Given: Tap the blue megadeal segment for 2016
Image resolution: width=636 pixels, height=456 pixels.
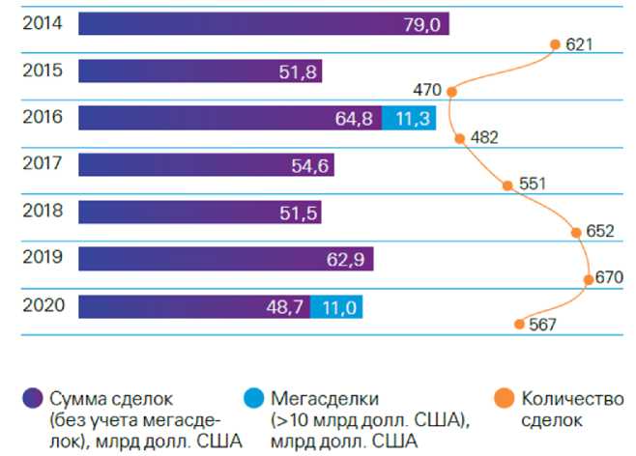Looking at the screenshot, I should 409,118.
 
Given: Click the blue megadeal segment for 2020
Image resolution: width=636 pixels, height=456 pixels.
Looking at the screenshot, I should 336,306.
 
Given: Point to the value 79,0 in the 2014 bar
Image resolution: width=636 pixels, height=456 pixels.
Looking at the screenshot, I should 420,24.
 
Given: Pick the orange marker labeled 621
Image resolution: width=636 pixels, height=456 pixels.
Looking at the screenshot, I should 555,43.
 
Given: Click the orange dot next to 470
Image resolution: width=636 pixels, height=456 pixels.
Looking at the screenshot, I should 450,90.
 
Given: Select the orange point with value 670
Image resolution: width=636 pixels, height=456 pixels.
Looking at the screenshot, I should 589,278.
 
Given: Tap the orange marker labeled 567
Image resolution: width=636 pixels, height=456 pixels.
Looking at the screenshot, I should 520,325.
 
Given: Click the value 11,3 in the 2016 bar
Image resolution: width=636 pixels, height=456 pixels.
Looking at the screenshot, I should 409,118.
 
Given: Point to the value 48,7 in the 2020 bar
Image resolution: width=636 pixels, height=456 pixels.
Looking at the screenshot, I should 285,306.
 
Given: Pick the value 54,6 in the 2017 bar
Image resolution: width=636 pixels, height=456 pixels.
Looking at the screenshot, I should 310,165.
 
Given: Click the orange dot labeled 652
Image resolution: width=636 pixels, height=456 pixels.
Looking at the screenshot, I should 576,232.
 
